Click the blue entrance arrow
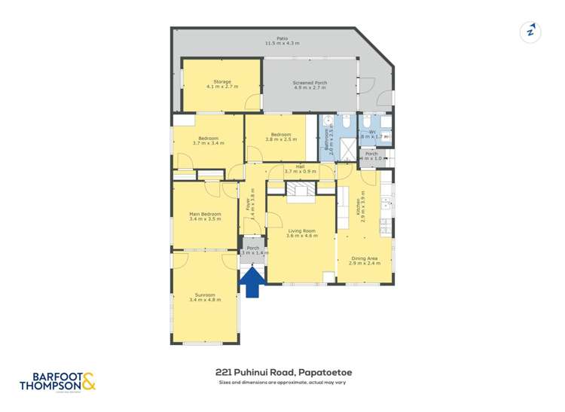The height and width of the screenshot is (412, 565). (252, 282)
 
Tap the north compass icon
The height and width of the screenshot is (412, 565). (531, 32)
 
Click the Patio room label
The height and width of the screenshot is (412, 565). (282, 38)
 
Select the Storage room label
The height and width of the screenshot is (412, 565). (221, 81)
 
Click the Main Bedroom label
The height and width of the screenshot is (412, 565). (205, 214)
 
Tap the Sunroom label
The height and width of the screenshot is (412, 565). (205, 295)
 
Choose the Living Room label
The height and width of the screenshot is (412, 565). (301, 230)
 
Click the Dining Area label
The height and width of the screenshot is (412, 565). (365, 258)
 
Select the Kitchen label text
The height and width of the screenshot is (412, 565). (358, 206)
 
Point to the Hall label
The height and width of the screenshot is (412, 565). (300, 166)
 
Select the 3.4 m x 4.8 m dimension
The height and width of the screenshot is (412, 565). (205, 300)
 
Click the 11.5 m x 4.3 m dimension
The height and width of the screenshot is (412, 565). (282, 43)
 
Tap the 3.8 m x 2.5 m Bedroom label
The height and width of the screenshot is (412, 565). (281, 136)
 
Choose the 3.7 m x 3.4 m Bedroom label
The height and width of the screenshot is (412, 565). (208, 140)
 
